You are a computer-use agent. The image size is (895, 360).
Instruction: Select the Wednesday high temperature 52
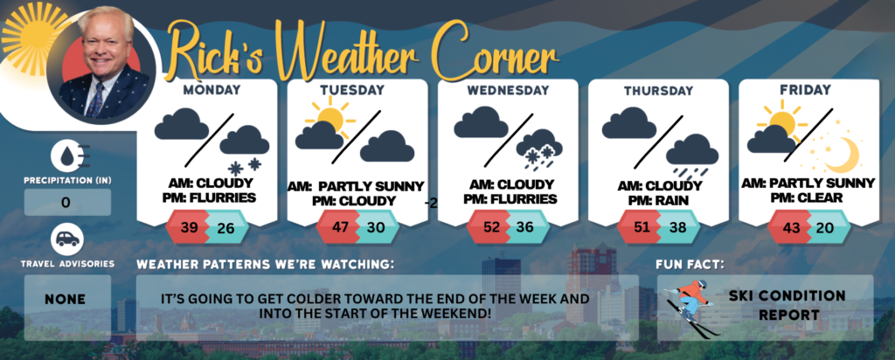coord(490,227)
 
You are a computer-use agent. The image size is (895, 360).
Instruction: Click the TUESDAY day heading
coord(352,90)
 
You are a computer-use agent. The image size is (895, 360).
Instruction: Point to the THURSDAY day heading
coord(658,91)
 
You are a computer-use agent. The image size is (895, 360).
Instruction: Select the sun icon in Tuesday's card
coord(330,117)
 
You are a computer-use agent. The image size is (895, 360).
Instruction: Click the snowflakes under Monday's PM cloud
coord(245,166)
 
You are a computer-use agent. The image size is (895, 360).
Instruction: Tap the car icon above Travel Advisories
coord(67,239)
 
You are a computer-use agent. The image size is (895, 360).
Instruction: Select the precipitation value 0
coord(66,203)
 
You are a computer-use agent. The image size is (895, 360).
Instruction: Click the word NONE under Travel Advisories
coord(66,299)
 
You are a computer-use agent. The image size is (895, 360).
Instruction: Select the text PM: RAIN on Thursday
coord(660,200)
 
